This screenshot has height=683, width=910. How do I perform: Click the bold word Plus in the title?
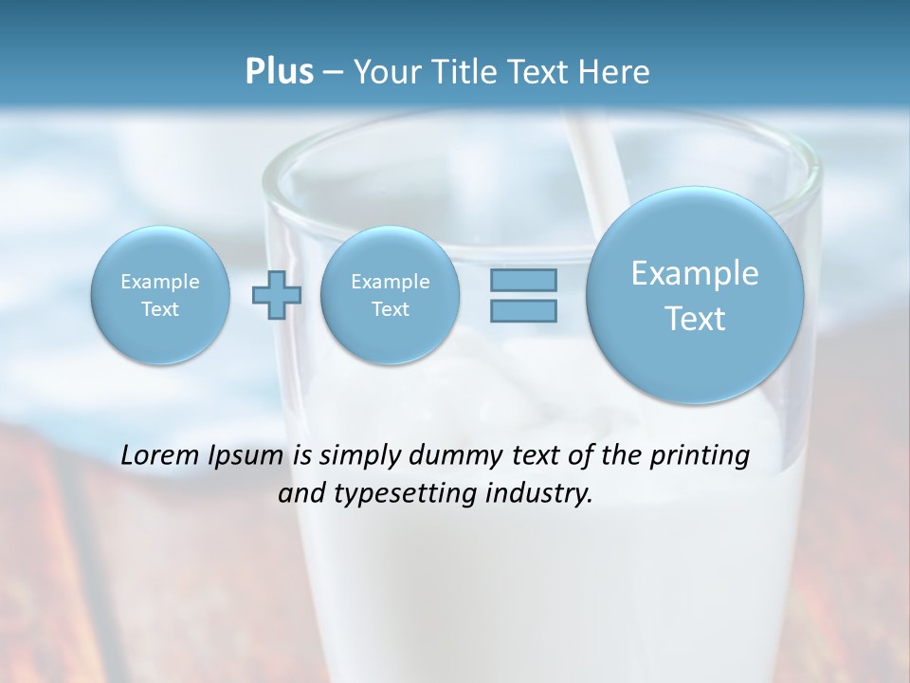pos(279,72)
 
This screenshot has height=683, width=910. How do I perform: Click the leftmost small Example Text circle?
pos(160,295)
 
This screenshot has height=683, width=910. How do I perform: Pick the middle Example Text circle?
pos(390,295)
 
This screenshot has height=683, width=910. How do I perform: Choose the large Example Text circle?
pos(695,295)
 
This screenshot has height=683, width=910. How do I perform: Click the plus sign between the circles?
pos(277,295)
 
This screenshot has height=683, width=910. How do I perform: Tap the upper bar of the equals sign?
pos(523,280)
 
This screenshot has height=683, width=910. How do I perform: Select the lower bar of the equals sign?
pos(523,310)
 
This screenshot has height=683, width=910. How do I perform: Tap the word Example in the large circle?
pos(695,273)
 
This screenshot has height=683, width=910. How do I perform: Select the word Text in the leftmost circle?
pos(160,309)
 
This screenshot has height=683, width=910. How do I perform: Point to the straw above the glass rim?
pos(596,143)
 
